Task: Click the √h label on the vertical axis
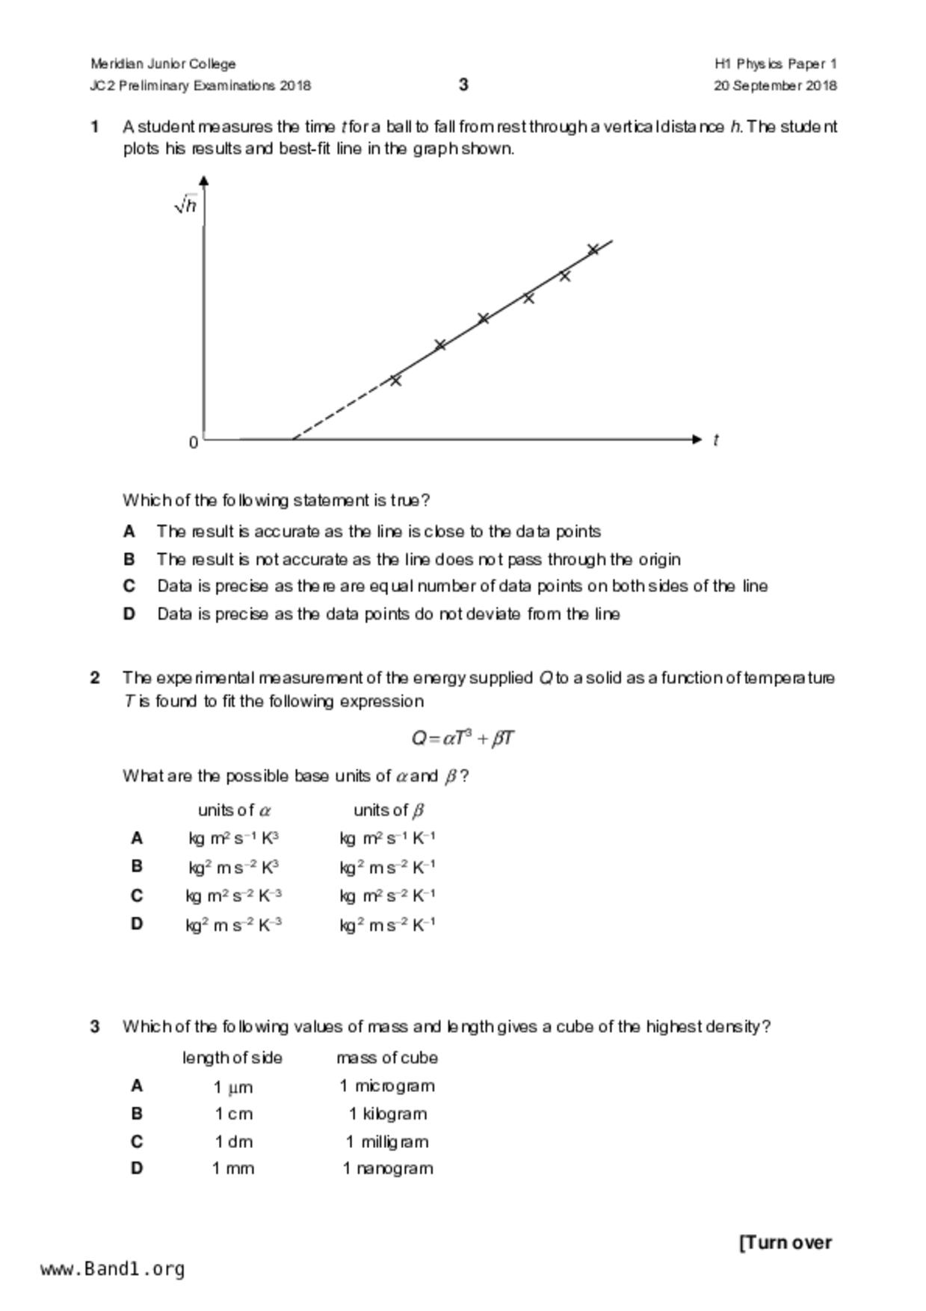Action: tap(185, 205)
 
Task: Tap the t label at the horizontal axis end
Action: tap(715, 440)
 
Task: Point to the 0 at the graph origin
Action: tap(194, 442)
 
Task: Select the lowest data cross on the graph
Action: tap(395, 380)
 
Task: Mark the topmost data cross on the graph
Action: tap(593, 250)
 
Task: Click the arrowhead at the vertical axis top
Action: tap(204, 179)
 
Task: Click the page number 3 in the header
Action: tap(463, 84)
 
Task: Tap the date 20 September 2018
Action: tap(775, 85)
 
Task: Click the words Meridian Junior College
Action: tap(163, 64)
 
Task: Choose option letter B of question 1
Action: tap(129, 559)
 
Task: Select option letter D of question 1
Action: tap(129, 614)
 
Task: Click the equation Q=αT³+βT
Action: tap(463, 738)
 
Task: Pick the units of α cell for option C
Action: tap(233, 895)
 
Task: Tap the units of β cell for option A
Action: tap(387, 839)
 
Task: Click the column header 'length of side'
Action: tap(232, 1058)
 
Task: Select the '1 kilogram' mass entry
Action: tap(387, 1114)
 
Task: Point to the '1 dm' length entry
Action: tap(233, 1141)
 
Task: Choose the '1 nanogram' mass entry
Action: tap(387, 1168)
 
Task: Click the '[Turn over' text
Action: tap(785, 1242)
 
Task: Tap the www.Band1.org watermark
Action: tap(112, 1269)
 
